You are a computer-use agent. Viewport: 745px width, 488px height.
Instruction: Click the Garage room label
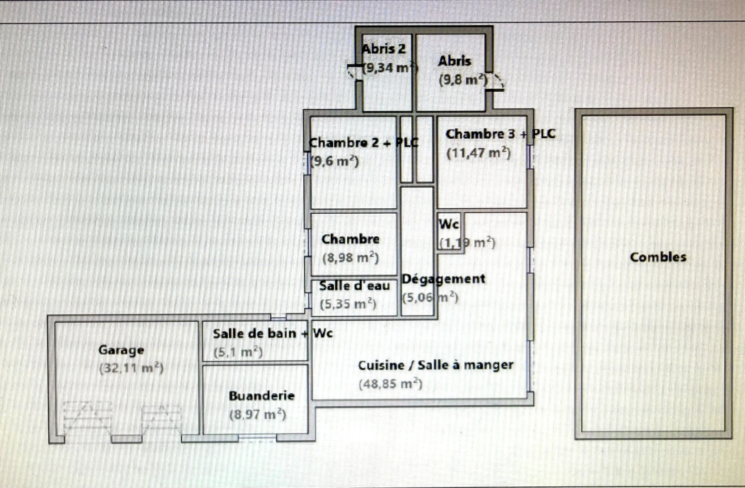click(x=121, y=350)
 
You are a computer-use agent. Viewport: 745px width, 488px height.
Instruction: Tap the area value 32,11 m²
click(x=131, y=368)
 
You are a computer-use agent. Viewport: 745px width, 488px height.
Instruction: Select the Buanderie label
click(x=262, y=396)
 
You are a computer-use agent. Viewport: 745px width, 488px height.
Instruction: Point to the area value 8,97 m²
click(x=257, y=414)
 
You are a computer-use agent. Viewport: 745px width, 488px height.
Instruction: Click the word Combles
click(x=658, y=257)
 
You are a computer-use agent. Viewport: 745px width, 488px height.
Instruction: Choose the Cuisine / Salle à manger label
click(x=435, y=365)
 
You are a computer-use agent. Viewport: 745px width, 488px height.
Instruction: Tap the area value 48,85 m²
click(x=391, y=384)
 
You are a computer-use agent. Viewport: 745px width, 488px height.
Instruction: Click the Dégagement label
click(x=443, y=279)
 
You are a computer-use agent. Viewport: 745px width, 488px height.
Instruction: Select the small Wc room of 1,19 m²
click(x=449, y=233)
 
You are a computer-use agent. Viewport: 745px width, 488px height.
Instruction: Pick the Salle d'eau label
click(x=354, y=286)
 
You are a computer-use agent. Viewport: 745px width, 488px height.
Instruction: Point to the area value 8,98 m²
click(x=350, y=258)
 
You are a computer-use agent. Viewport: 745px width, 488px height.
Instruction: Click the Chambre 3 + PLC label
click(x=500, y=134)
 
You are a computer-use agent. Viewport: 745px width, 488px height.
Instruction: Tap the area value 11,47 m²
click(x=478, y=153)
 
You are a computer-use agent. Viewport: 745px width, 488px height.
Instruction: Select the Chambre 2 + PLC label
click(x=363, y=143)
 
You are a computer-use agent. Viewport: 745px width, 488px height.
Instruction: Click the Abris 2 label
click(x=383, y=49)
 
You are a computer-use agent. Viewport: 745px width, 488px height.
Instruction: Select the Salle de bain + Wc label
click(x=273, y=333)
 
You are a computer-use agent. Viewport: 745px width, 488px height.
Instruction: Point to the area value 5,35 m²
click(x=348, y=304)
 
